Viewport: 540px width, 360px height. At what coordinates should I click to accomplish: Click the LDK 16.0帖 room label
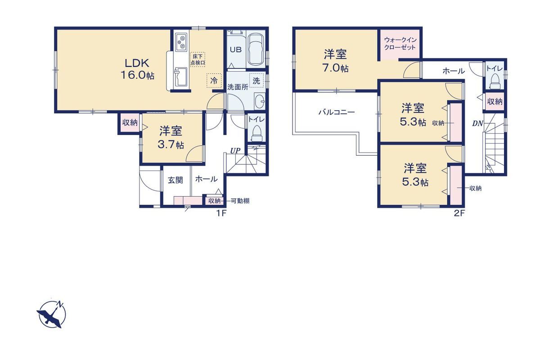[x=137, y=69]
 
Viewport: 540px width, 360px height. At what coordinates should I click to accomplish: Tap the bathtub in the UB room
[x=256, y=49]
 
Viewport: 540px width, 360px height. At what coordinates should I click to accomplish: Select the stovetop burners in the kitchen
[x=181, y=42]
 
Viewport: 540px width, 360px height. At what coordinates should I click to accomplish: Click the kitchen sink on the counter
[x=180, y=76]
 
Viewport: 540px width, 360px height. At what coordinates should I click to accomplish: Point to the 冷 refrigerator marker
[x=214, y=81]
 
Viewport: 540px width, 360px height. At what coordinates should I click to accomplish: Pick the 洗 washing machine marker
[x=256, y=81]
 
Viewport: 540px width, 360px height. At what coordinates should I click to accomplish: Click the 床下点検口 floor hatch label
[x=198, y=59]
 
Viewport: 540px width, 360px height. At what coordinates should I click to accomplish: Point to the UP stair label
[x=235, y=151]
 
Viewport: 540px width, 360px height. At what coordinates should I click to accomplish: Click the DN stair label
[x=477, y=123]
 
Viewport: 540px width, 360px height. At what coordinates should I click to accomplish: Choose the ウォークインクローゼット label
[x=400, y=43]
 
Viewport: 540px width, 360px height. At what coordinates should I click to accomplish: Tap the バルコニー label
[x=337, y=112]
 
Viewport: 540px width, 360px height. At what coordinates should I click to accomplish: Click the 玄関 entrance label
[x=175, y=180]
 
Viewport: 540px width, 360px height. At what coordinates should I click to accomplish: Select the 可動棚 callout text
[x=240, y=201]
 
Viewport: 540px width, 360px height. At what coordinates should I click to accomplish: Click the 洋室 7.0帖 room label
[x=336, y=61]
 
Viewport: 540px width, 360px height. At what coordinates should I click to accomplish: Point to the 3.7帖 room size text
[x=171, y=145]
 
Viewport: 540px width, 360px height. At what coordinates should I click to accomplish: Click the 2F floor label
[x=459, y=213]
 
